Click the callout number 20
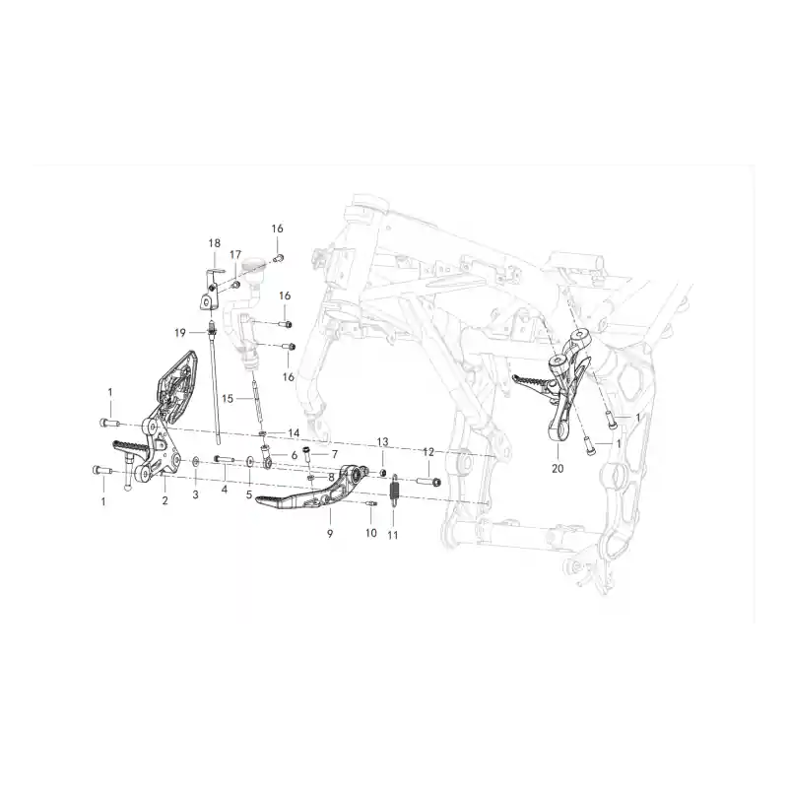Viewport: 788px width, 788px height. coord(558,469)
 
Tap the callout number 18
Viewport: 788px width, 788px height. coord(215,243)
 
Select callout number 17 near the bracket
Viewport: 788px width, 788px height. coord(235,255)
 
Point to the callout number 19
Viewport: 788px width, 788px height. coord(180,333)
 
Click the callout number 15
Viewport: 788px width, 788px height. coord(228,399)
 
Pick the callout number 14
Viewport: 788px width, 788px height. coord(294,432)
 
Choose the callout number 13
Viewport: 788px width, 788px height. coord(382,442)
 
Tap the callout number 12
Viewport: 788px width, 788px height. coord(428,452)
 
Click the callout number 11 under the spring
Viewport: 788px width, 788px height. coord(393,535)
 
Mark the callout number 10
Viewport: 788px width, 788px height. coord(371,533)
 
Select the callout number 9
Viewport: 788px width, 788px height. coord(330,534)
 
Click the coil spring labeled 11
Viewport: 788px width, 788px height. coord(395,488)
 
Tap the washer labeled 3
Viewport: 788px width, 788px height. coord(195,461)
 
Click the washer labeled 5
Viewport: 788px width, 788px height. coord(250,461)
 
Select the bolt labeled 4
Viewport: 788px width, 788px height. coord(225,459)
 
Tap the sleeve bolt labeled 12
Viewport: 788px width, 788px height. coord(429,483)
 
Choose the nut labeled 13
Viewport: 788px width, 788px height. coord(382,473)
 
